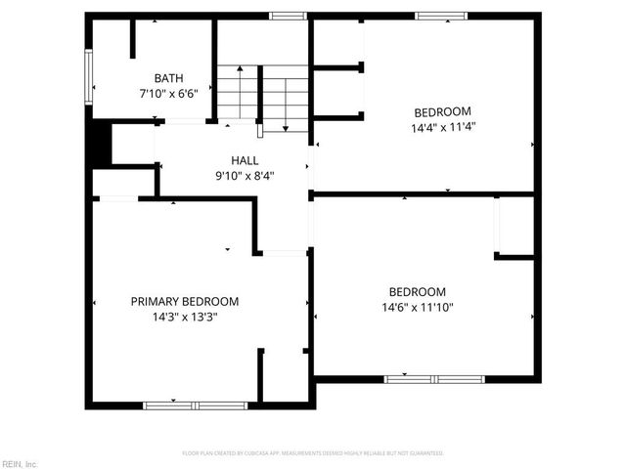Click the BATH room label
[x=168, y=78]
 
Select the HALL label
[x=246, y=160]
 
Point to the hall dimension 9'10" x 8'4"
[x=246, y=176]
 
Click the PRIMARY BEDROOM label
[x=185, y=302]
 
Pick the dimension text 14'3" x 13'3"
[x=185, y=317]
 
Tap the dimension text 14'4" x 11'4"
[x=443, y=126]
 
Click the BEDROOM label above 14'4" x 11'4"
[x=442, y=111]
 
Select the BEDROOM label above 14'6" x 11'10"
[x=418, y=292]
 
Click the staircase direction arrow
[x=285, y=103]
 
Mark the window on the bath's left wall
[x=89, y=77]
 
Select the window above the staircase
[x=288, y=16]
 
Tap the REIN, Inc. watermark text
[x=20, y=463]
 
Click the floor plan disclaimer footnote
[x=313, y=453]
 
